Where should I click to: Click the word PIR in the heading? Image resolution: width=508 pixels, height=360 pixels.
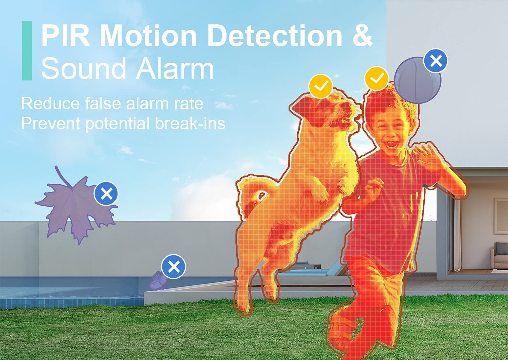[x=66, y=36]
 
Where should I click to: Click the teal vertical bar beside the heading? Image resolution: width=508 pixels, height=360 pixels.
[x=27, y=50]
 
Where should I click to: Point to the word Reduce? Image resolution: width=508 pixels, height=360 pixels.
[x=50, y=103]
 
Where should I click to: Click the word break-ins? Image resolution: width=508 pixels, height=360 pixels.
[x=190, y=123]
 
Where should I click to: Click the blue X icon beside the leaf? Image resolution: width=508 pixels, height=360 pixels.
[x=106, y=193]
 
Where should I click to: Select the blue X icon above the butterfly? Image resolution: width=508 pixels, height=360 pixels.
[x=173, y=267]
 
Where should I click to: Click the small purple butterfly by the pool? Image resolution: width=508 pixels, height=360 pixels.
[x=158, y=281]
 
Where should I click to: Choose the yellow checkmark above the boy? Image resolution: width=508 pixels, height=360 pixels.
[x=377, y=79]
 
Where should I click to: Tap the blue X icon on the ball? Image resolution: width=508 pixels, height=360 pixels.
[x=436, y=61]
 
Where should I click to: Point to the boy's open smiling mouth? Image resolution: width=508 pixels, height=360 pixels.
[x=391, y=144]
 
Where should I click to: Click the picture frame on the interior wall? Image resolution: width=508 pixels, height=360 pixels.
[x=501, y=216]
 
